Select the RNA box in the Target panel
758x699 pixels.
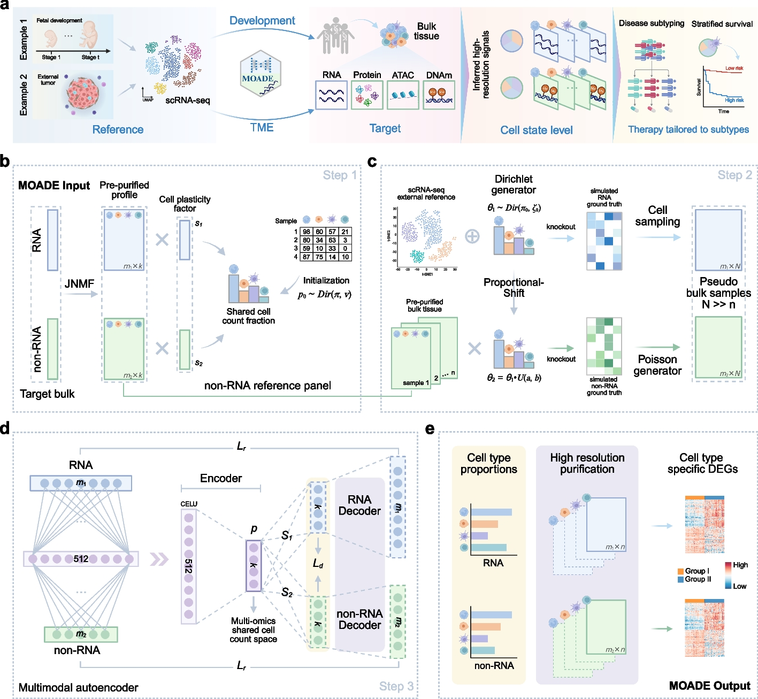(332, 95)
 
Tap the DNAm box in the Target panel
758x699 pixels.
(439, 95)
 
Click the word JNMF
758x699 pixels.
(79, 284)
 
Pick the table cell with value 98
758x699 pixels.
(306, 232)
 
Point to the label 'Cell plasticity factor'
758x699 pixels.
(185, 204)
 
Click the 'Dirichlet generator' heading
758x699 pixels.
(514, 185)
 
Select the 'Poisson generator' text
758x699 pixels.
(657, 365)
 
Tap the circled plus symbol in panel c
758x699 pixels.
(472, 236)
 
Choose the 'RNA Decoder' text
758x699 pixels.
(359, 505)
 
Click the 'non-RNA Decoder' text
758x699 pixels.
(359, 619)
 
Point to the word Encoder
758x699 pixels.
(221, 478)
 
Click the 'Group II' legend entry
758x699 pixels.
(698, 579)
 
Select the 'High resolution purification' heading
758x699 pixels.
(587, 463)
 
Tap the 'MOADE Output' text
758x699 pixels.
(709, 686)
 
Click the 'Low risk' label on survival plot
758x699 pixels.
(734, 68)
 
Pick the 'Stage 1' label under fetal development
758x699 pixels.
(51, 57)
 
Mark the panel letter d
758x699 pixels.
(5, 429)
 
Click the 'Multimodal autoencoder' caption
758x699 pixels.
(79, 687)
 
